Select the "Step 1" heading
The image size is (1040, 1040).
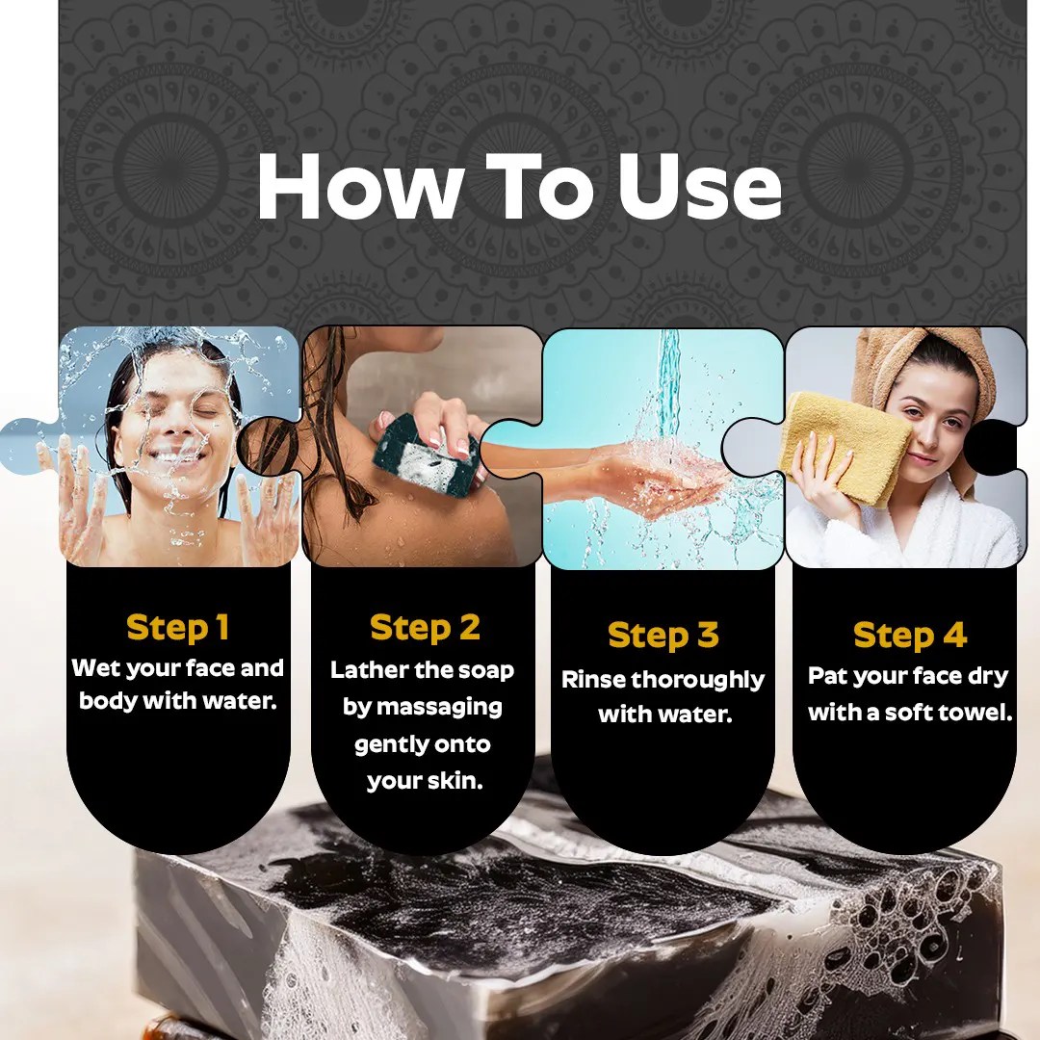point(178,628)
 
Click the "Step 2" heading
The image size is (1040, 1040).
point(425,628)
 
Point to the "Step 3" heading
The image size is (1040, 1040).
point(663,636)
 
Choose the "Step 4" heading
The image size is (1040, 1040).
point(909,636)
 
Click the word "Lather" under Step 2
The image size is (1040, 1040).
point(362,670)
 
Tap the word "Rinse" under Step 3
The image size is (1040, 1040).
point(593,680)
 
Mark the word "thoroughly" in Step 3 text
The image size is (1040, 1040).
point(698,681)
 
